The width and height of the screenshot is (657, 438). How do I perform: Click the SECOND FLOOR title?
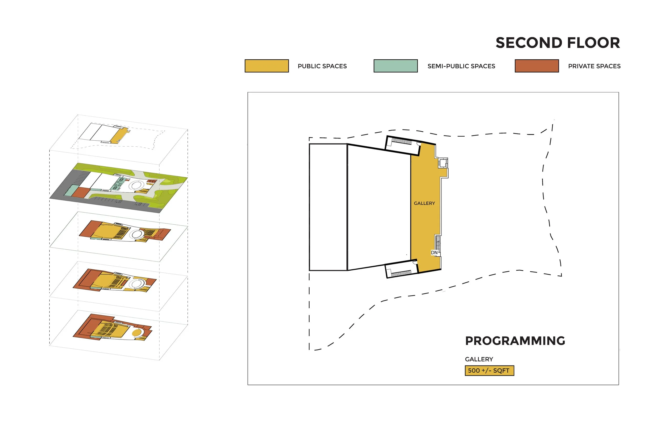pos(558,43)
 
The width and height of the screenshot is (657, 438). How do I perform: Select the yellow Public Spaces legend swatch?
pos(266,66)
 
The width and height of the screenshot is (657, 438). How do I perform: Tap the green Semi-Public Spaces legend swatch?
pos(396,66)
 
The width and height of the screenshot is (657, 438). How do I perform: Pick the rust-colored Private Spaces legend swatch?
pos(537,66)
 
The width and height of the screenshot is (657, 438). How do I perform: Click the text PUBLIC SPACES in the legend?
pos(322,66)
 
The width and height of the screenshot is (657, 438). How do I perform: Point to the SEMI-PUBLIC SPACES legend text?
pos(461,66)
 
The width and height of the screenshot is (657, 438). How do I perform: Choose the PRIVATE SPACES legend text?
pos(594,66)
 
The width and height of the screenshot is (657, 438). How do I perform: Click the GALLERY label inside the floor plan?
pos(424,203)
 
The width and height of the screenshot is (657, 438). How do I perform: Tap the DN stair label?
pos(434,253)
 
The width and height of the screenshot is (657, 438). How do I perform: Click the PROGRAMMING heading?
pos(515,341)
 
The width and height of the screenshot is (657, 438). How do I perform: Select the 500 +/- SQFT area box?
pos(489,371)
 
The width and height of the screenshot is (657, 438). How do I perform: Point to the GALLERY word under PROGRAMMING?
pos(479,359)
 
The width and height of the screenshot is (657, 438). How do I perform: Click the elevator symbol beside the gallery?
pos(443,163)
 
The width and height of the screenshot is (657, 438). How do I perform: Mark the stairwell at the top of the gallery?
pos(402,145)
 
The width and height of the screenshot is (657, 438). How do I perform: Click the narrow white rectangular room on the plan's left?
pos(328,207)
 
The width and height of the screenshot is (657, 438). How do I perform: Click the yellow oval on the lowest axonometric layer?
pos(136,333)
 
